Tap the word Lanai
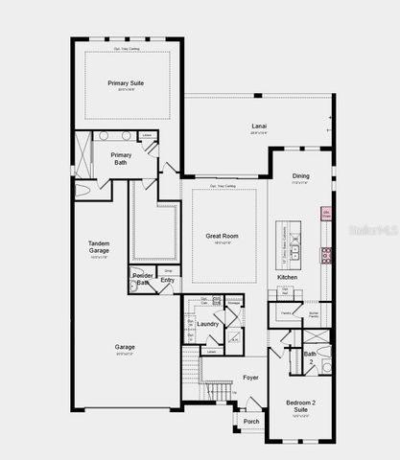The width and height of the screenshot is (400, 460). [259, 126]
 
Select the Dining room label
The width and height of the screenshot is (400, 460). [300, 175]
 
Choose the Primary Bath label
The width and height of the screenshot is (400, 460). [121, 159]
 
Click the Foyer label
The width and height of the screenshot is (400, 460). [250, 378]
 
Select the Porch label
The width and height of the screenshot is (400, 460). [251, 422]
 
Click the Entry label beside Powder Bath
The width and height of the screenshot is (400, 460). [168, 280]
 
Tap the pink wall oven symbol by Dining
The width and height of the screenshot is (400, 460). [326, 214]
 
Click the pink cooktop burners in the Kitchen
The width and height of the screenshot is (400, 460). [327, 254]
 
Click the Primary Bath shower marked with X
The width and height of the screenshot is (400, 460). [83, 154]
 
